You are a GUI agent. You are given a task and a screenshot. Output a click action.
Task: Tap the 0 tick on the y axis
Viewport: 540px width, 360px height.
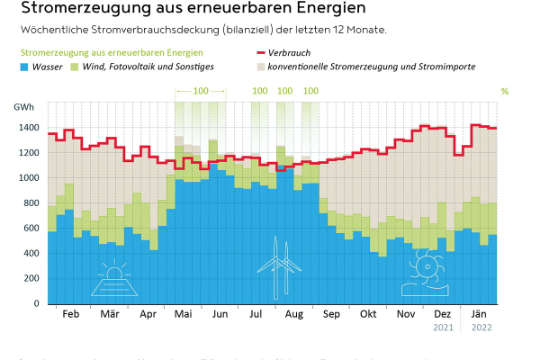37,303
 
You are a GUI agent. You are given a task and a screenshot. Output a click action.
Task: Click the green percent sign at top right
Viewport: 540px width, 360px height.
505,91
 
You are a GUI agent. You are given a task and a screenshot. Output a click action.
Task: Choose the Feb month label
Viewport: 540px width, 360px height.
71,314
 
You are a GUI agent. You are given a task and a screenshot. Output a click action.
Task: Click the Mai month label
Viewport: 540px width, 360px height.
183,314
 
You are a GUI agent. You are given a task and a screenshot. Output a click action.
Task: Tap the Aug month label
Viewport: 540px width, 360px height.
294,314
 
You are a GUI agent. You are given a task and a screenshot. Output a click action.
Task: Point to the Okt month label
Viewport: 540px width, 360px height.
368,314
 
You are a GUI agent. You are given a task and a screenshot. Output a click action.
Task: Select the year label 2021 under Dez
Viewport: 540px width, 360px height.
443,327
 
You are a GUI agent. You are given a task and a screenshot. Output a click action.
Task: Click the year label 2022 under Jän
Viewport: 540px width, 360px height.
481,327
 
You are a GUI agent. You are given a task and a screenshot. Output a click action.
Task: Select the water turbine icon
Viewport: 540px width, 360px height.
424,273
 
